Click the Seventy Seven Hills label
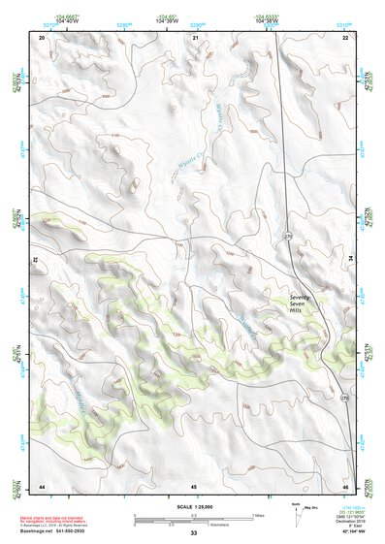point(303,303)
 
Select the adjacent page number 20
point(43,37)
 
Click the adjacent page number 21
point(195,37)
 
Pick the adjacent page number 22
point(346,37)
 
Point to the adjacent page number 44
point(43,485)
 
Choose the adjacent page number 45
point(194,485)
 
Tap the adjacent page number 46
point(345,485)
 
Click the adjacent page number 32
point(36,261)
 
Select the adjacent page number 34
point(351,261)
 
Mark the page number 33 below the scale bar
point(194,532)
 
